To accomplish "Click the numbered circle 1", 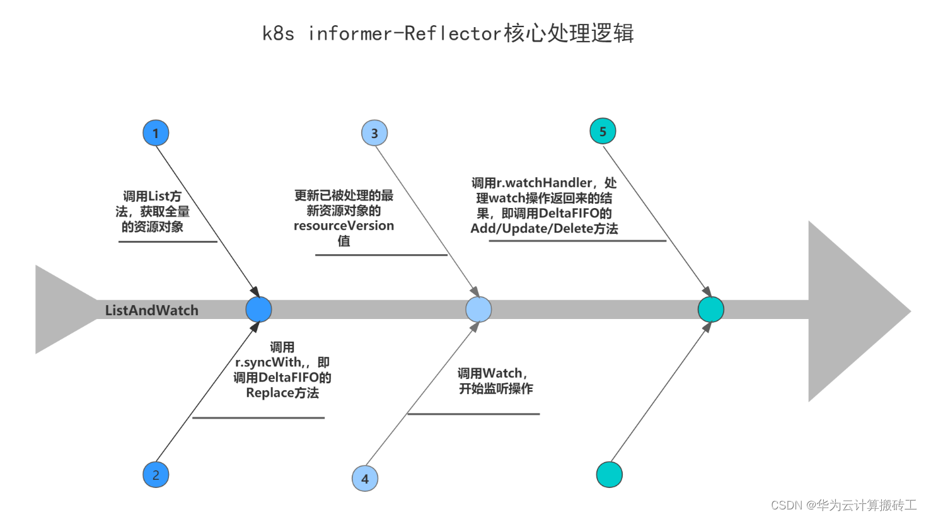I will pos(156,133).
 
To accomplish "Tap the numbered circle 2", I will pos(156,475).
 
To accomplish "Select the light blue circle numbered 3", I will pos(374,133).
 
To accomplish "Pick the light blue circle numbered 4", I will pos(365,479).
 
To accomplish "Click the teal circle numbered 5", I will pos(603,131).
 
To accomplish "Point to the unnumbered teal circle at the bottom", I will pos(609,475).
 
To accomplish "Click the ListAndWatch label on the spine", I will pos(151,310).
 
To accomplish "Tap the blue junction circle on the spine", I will pos(258,310).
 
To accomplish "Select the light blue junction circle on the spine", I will pos(478,310).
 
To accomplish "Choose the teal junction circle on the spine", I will pos(711,310).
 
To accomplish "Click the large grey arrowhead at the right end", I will pos(851,311).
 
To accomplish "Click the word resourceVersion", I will pos(344,226).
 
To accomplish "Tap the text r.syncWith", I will pos(269,363).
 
